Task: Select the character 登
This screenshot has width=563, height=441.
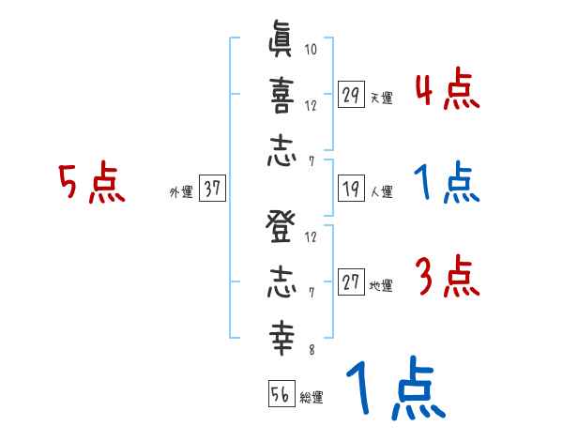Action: coord(281,231)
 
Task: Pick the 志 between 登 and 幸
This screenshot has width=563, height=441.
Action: coord(281,285)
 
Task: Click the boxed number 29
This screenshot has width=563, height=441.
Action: coord(351,95)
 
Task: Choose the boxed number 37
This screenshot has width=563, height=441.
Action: coord(212,190)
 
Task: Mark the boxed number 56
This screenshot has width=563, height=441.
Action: coord(279,395)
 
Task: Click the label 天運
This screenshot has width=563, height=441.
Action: coord(381,98)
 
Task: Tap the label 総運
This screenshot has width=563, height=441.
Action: coord(312,398)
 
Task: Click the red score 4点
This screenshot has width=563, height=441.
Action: coord(447,91)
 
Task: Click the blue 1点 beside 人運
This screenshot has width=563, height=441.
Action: coord(447,184)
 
